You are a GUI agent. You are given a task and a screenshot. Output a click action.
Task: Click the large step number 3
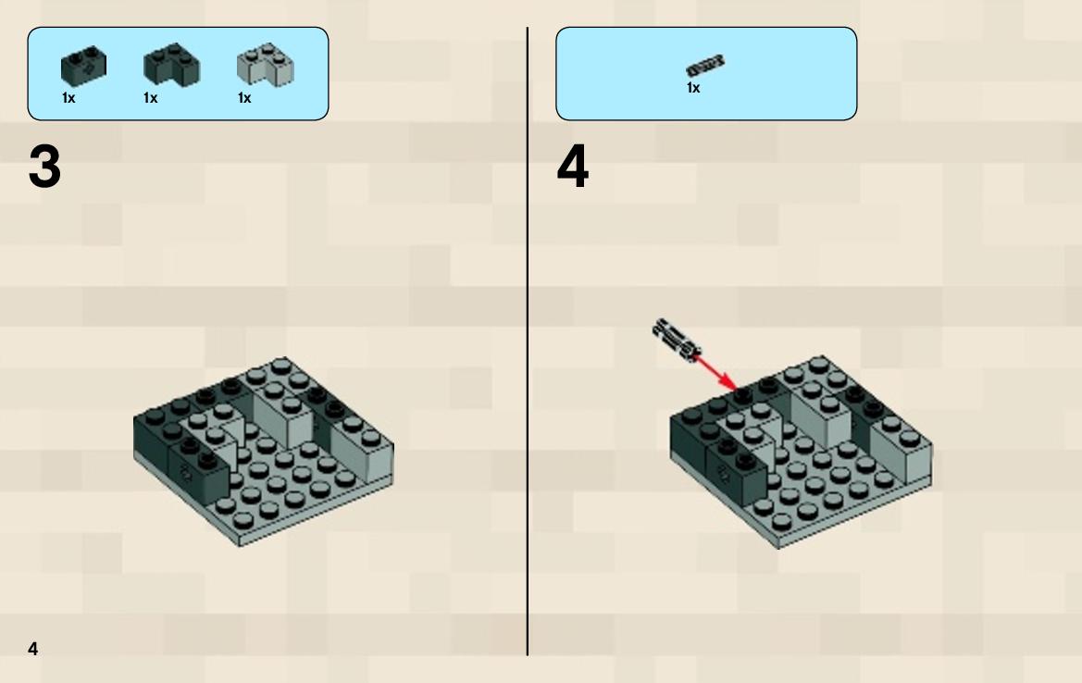(x=44, y=167)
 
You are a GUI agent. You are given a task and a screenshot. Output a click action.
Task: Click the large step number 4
(x=573, y=167)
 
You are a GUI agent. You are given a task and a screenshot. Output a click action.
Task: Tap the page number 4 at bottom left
(x=33, y=649)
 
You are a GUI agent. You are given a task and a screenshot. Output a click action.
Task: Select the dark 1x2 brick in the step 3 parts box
(x=83, y=67)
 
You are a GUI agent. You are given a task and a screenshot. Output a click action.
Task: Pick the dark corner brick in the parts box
(x=172, y=64)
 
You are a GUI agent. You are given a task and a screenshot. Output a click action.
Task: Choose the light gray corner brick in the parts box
(x=265, y=65)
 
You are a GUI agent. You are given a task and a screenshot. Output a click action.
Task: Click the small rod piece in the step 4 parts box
(x=705, y=66)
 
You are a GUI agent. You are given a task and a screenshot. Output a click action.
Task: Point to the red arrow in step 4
(x=715, y=373)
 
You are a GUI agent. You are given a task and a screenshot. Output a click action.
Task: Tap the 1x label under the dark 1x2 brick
(x=68, y=98)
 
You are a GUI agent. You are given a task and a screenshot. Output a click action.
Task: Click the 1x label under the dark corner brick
(x=151, y=98)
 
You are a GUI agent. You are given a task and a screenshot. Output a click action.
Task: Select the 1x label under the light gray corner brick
(x=244, y=98)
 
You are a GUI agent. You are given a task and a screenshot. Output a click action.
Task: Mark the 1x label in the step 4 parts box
(x=693, y=88)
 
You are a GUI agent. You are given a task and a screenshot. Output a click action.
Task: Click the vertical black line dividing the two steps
(x=528, y=341)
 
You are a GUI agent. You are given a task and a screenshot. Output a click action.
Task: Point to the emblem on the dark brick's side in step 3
(x=186, y=472)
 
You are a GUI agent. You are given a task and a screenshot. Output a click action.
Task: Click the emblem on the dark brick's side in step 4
(x=723, y=473)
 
